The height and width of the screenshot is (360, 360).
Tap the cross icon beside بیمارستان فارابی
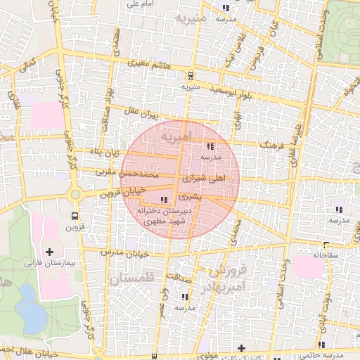[x=49, y=252]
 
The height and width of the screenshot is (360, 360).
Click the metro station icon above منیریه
[x=191, y=77]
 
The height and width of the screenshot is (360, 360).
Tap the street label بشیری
[x=189, y=198]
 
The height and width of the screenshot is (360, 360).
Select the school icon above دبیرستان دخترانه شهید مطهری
[x=165, y=200]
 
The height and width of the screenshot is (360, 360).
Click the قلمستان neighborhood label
[x=131, y=279]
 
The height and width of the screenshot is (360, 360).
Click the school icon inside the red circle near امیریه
[x=210, y=147]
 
